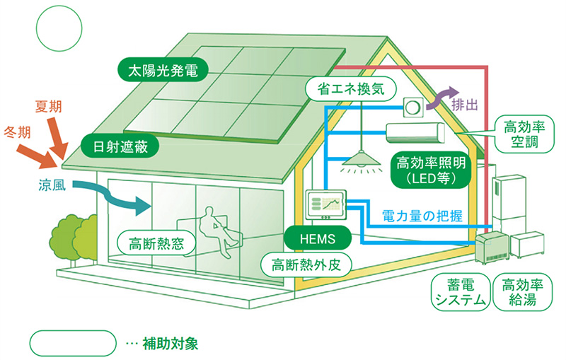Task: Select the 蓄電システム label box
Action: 460,291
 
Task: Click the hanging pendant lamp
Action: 360,164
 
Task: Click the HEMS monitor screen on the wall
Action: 325,206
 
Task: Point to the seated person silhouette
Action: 217,230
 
